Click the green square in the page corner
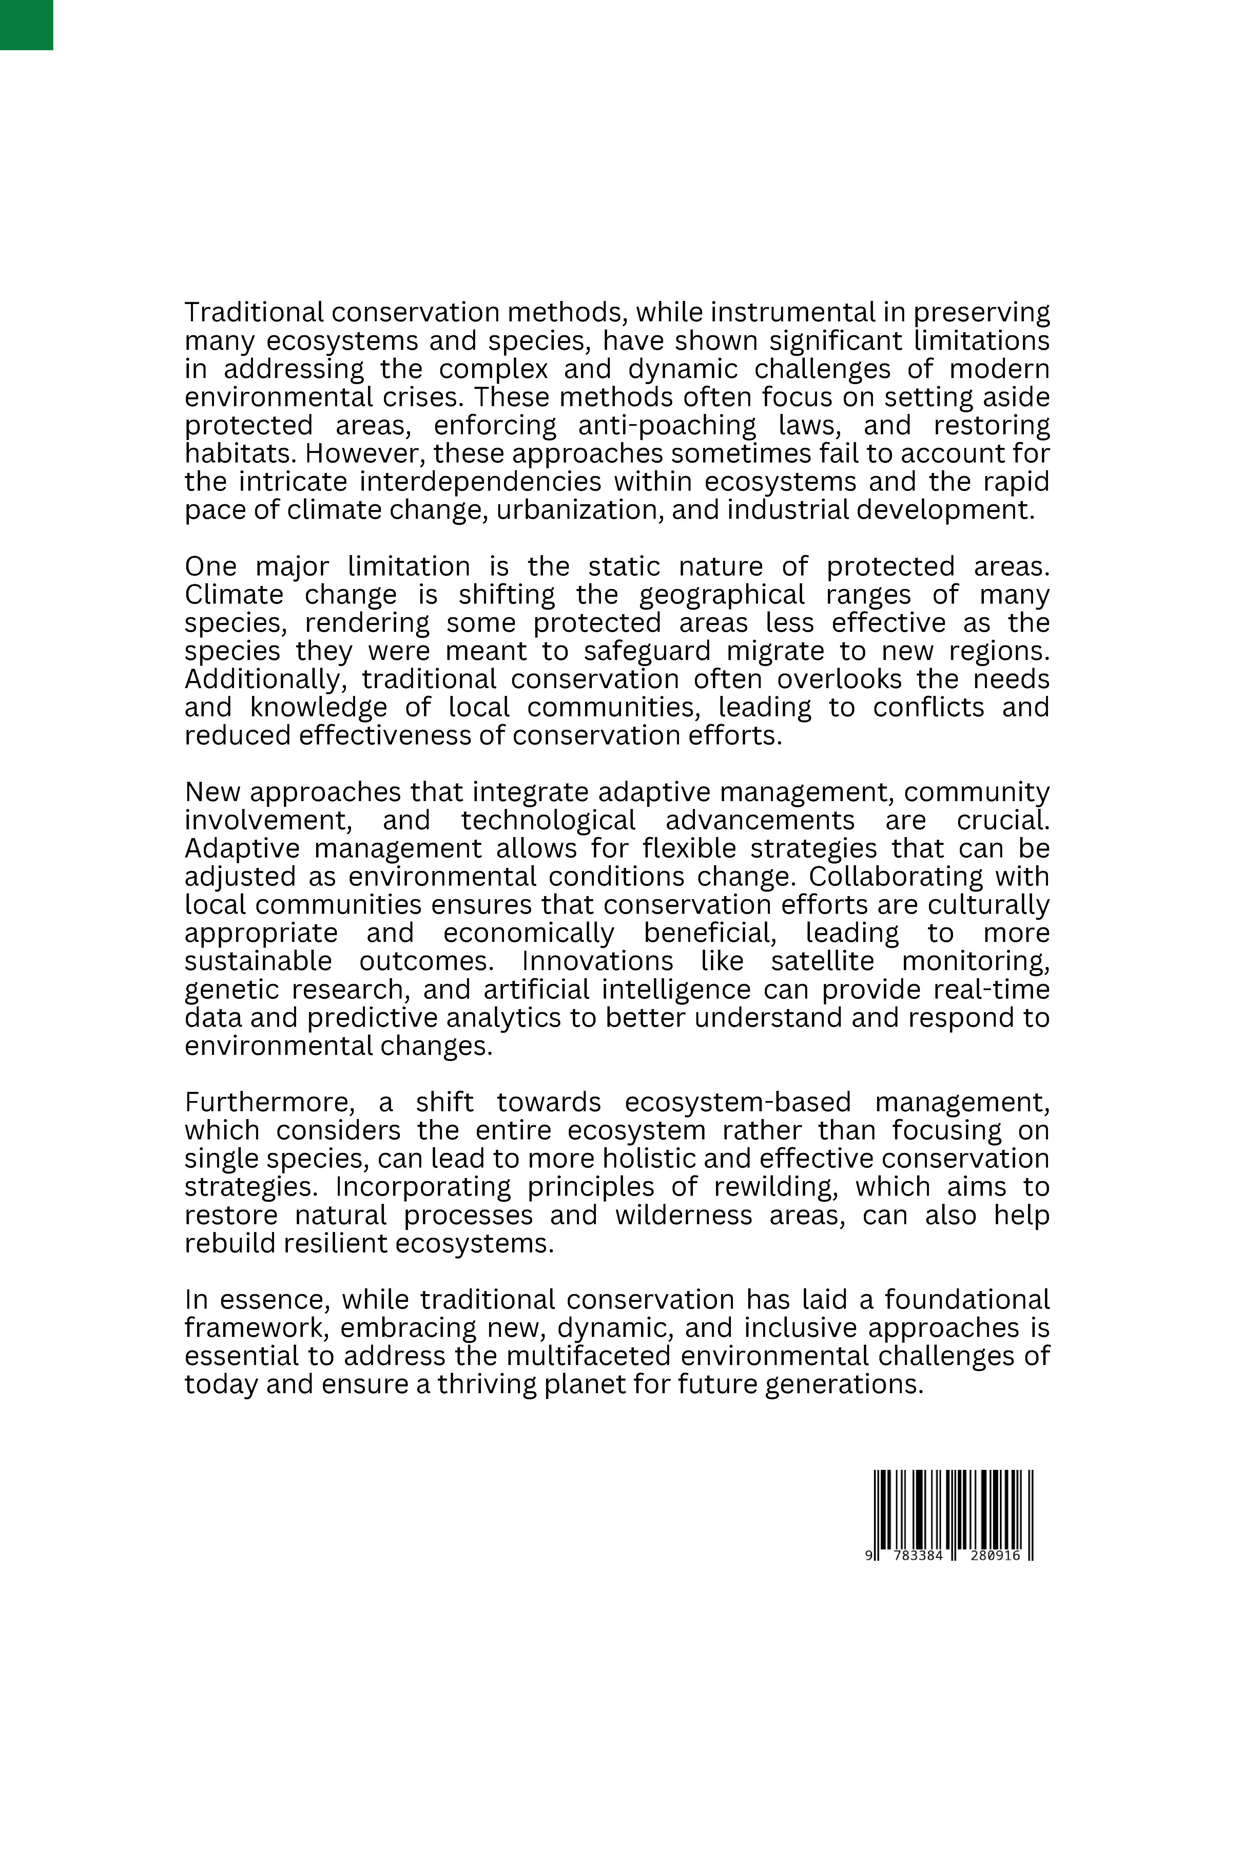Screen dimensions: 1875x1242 point(26,24)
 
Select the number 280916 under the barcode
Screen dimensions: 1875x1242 point(993,1556)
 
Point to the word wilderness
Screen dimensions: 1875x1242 point(683,1215)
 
